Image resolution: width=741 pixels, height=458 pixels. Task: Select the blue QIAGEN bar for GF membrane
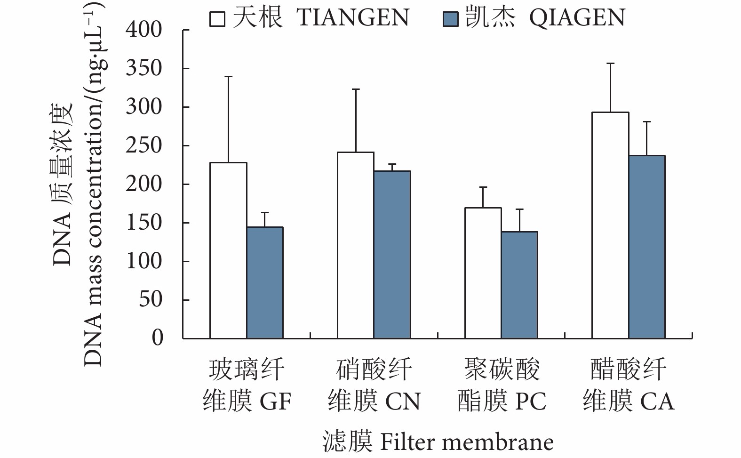click(x=265, y=282)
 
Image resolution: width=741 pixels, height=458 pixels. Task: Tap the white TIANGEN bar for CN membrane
click(x=356, y=245)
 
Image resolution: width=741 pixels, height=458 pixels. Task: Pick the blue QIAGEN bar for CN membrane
click(x=392, y=254)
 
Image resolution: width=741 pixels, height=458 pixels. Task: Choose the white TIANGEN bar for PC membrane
click(x=483, y=273)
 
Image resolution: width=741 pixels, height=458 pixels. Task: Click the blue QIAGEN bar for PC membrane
click(x=519, y=285)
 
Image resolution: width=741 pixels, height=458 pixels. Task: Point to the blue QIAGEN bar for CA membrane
click(x=647, y=247)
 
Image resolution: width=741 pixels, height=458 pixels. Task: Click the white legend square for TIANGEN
click(x=217, y=19)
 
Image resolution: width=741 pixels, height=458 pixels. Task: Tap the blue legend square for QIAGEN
click(x=450, y=19)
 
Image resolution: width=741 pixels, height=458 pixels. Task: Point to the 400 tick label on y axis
click(x=144, y=30)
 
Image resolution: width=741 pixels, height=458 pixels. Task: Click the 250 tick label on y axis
click(x=144, y=145)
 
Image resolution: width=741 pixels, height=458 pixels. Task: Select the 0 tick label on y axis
click(x=157, y=337)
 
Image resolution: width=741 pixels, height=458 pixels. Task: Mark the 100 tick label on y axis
click(x=144, y=261)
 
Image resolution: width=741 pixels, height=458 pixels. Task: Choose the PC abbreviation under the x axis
click(x=531, y=402)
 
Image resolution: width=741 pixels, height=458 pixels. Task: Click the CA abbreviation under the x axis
click(x=657, y=402)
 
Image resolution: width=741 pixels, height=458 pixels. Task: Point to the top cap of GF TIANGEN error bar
click(x=228, y=76)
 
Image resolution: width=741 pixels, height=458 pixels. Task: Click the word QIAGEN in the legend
click(x=577, y=18)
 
